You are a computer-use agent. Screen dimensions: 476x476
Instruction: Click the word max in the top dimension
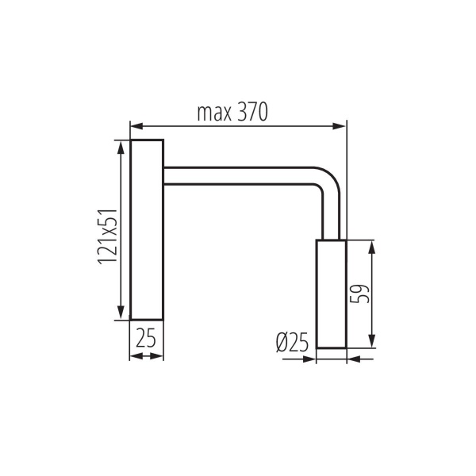(213, 113)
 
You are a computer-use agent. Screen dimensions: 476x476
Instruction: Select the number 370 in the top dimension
(252, 113)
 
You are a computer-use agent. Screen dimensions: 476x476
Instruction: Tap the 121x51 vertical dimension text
(109, 236)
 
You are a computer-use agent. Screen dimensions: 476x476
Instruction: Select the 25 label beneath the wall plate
(145, 339)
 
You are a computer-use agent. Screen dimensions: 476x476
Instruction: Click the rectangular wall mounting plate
(147, 229)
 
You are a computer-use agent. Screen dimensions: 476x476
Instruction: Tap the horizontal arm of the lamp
(238, 175)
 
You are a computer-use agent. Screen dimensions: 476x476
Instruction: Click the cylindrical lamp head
(331, 294)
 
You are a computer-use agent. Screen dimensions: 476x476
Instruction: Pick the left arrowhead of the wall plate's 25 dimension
(134, 356)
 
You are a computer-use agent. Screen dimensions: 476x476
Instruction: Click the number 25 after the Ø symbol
(298, 343)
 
